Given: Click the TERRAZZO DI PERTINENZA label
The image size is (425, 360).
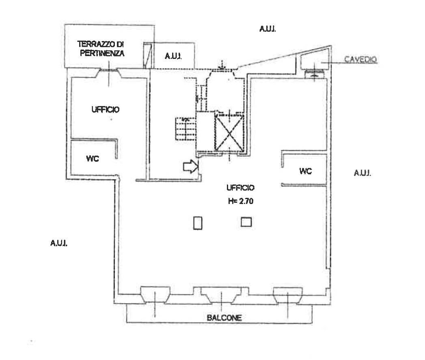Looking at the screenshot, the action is coord(101,49).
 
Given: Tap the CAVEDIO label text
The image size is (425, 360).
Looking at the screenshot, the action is coord(360,59).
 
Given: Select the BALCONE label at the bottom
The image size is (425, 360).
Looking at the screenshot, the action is coord(224,318).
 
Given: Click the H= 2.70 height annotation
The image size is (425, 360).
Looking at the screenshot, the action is coord(241,201).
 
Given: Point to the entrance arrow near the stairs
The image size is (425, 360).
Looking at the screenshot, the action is coord(190,166).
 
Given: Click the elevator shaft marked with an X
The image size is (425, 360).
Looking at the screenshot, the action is coord(229,133).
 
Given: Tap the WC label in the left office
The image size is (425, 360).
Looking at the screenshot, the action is coord(93,158).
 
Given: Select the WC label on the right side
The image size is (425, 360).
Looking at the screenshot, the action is coord(306,171).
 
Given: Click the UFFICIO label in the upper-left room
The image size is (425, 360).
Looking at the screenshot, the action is coord(106,110).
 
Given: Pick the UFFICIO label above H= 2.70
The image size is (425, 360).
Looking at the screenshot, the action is coord(240,187).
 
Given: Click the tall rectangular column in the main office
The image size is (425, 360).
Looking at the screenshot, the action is coord(198,223).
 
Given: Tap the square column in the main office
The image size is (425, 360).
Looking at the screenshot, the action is coord(246,222).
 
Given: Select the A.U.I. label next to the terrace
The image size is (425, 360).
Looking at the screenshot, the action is coord(173,56).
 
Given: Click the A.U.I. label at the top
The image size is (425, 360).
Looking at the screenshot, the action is coord(268,29).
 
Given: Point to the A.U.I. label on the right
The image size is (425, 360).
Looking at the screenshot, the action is coord(362,173).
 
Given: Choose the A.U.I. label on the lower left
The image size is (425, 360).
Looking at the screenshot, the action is coord(59,243).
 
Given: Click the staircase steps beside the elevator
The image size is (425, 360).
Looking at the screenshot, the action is coord(186,128).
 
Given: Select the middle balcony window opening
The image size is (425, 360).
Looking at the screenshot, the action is coord(221,295).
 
